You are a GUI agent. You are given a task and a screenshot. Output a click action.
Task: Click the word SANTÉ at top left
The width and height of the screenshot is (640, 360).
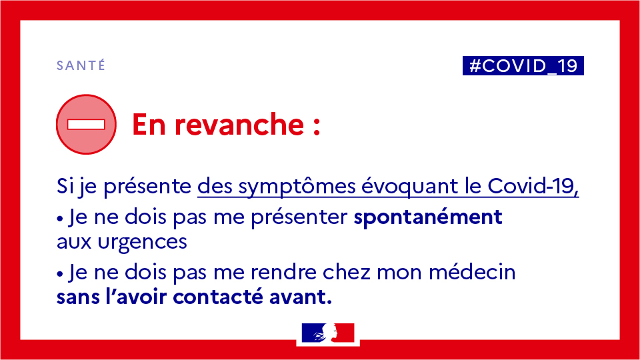[81, 65]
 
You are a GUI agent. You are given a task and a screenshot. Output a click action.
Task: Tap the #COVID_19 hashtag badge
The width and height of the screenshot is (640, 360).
[523, 65]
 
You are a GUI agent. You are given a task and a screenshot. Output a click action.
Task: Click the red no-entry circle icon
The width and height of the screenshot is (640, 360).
[86, 124]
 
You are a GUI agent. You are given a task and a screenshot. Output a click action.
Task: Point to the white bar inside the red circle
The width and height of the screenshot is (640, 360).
[86, 124]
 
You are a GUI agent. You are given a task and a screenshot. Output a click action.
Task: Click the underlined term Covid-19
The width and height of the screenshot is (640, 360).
[533, 187]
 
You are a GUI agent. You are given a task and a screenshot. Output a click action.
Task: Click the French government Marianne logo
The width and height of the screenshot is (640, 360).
[327, 333]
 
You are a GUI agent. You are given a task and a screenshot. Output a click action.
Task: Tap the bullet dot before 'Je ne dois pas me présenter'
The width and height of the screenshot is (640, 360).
[60, 219]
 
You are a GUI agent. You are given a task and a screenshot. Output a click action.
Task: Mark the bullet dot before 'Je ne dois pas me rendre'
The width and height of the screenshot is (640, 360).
[60, 273]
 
